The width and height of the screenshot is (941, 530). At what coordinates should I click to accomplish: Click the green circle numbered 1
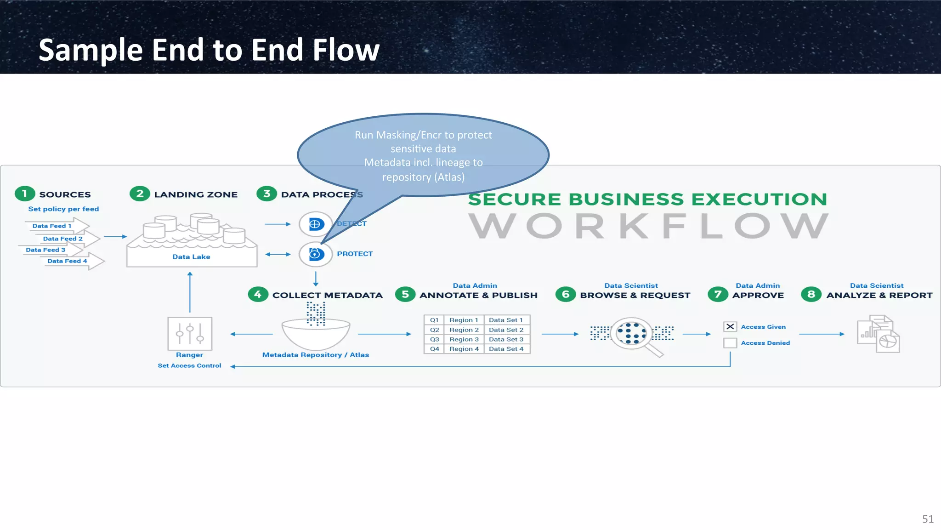click(25, 194)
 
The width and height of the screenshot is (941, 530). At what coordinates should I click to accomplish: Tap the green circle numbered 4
click(258, 294)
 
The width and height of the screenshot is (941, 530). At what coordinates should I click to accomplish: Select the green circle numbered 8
click(811, 294)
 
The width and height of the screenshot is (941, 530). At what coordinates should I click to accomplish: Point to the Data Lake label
click(191, 257)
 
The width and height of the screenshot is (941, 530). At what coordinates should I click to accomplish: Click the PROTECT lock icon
click(316, 254)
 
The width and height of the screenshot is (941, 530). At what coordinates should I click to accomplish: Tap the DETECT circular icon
click(316, 224)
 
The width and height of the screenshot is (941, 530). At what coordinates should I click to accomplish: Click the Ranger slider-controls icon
click(190, 334)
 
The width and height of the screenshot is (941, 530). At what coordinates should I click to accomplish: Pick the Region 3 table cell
click(464, 339)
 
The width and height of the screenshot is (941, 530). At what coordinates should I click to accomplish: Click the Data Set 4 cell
click(506, 349)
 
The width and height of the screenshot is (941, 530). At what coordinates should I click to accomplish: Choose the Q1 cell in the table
click(434, 320)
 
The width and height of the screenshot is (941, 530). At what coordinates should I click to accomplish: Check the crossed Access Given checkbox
click(730, 327)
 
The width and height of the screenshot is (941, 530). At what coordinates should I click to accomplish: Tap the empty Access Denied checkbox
click(730, 343)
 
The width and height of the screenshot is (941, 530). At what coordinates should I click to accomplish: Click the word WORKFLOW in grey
click(648, 226)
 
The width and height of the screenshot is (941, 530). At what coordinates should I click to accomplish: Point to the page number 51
click(928, 519)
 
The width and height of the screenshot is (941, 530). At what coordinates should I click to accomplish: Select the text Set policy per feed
click(63, 209)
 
